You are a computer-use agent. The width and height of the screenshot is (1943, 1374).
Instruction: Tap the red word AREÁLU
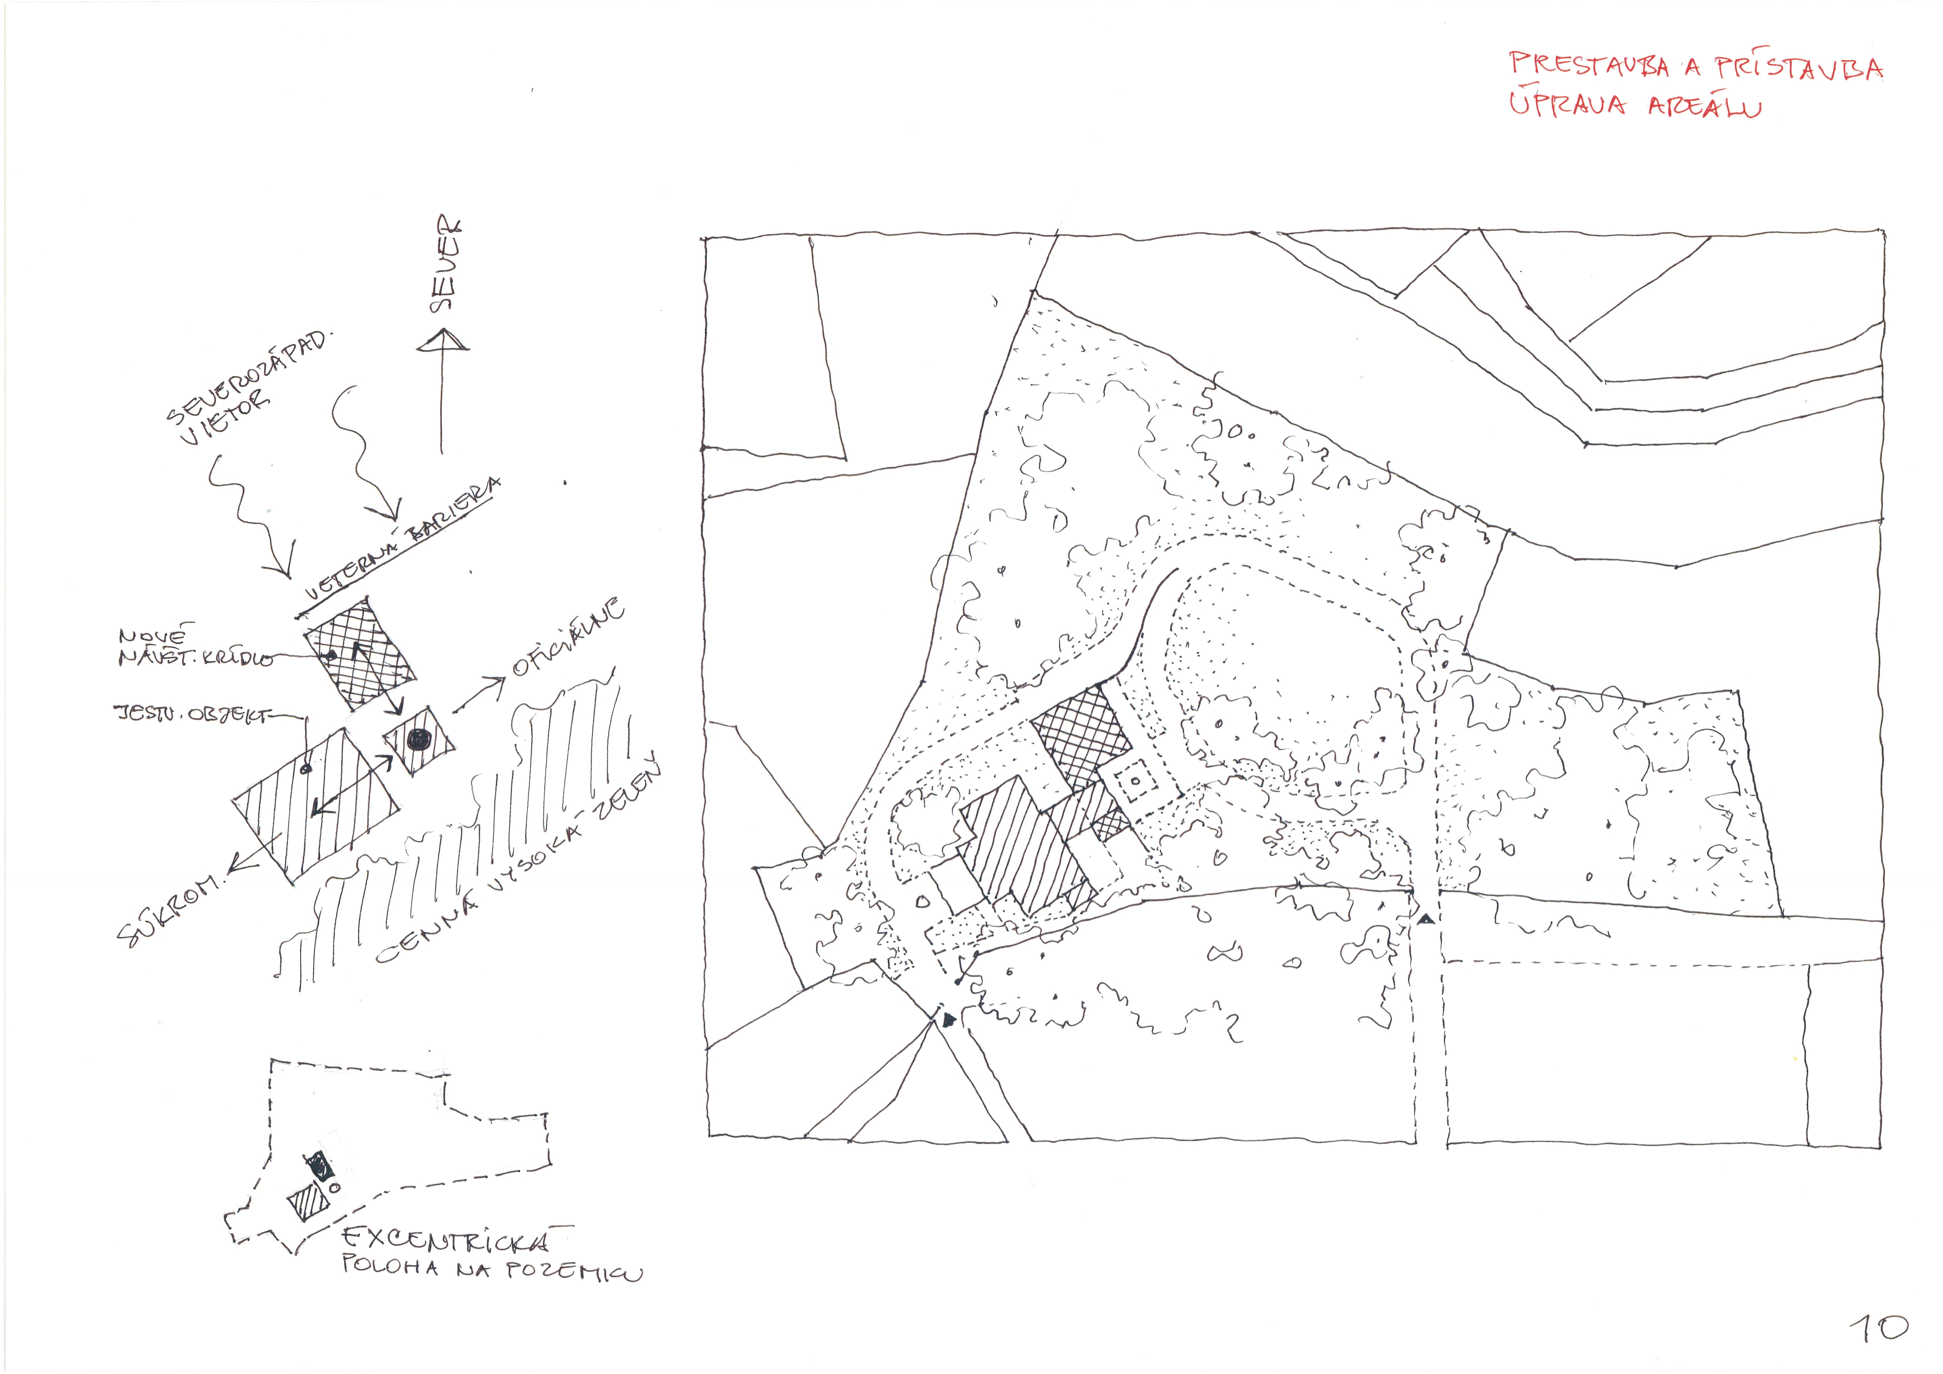[x=1705, y=108]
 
